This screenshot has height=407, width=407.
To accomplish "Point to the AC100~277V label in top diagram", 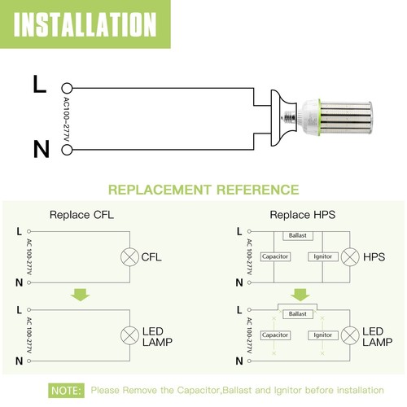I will click(x=68, y=117).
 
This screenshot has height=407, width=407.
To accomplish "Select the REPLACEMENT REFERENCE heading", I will click(x=203, y=190).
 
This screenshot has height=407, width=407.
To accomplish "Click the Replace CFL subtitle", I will click(x=81, y=215).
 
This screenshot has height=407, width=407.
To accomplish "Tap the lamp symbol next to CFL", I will click(x=129, y=257).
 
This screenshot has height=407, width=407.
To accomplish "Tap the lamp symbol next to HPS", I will click(x=350, y=257).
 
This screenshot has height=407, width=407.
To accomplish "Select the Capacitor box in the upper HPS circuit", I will click(x=275, y=257).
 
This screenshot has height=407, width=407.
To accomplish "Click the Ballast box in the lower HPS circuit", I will click(x=296, y=313).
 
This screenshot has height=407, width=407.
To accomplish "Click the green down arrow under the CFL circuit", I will click(x=80, y=294).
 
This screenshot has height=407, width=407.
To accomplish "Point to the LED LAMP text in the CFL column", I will click(x=160, y=336).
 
